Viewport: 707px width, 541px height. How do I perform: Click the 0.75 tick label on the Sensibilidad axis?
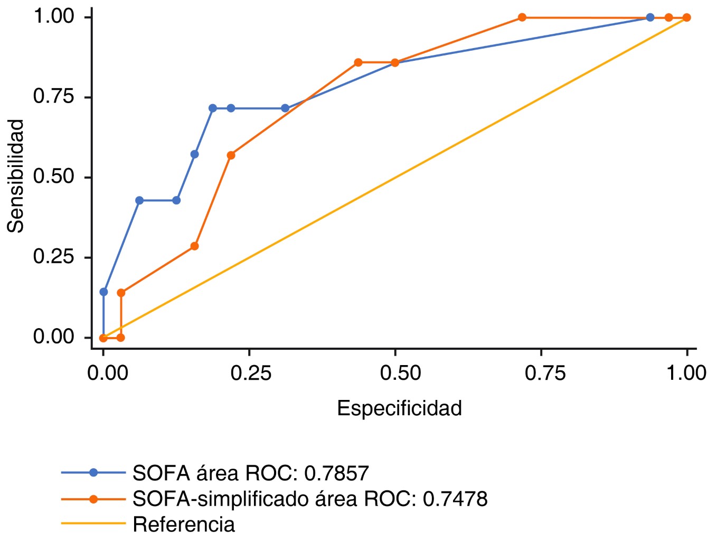(53, 97)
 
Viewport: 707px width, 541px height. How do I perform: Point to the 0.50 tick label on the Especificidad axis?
(400, 373)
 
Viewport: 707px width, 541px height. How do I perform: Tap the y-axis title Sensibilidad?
(16, 176)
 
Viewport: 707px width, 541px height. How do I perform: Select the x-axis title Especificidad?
(399, 408)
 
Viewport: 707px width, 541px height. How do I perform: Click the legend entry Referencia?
(184, 525)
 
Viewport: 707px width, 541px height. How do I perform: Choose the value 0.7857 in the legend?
(336, 473)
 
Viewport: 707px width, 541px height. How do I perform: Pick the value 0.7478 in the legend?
(455, 499)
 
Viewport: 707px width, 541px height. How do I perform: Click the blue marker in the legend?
(93, 473)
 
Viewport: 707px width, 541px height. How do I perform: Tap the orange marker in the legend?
(93, 499)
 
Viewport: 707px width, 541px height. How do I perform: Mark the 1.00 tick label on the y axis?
(53, 16)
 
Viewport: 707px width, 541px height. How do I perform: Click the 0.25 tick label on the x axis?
(251, 373)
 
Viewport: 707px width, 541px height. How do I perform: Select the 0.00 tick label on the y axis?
(53, 337)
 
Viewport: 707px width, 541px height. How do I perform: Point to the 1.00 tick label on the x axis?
(686, 373)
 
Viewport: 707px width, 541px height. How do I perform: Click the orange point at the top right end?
(686, 17)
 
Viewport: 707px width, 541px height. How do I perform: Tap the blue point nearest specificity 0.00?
(103, 292)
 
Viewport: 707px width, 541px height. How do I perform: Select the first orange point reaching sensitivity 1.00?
(522, 17)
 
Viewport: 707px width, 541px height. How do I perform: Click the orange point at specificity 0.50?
(395, 63)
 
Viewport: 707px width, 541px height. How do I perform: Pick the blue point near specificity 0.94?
(650, 17)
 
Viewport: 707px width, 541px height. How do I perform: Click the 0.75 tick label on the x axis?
(544, 373)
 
